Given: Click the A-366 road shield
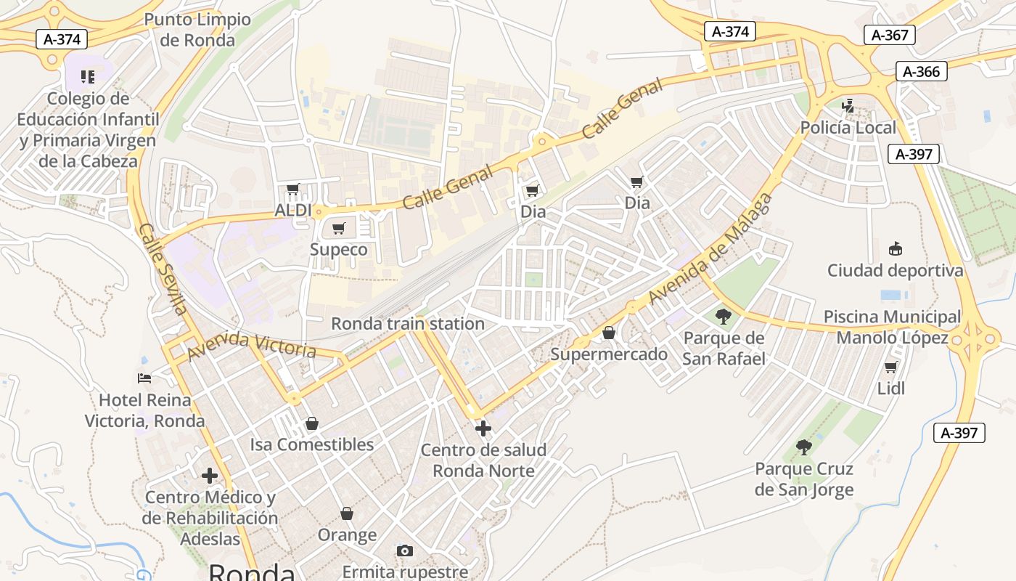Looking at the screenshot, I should [x=922, y=71].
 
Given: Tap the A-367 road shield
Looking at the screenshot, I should [x=890, y=35].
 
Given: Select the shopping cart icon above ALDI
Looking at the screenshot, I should [x=293, y=190].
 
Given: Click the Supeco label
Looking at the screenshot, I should [x=338, y=250].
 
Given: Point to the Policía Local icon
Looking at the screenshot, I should [x=848, y=105].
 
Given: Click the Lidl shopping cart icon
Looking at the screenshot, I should [x=891, y=367].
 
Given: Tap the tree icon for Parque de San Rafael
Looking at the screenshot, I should [x=723, y=316].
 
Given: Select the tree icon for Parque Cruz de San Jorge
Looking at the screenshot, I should [x=803, y=447].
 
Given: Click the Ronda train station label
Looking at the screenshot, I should [x=407, y=324].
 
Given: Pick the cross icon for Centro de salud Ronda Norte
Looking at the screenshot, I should [x=483, y=428].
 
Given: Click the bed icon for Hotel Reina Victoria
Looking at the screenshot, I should [x=144, y=378].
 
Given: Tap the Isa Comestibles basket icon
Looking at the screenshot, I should [x=312, y=423].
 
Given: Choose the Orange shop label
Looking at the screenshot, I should [x=347, y=535].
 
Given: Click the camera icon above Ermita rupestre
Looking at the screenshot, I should [x=405, y=550].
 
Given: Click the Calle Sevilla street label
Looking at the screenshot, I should [x=163, y=269].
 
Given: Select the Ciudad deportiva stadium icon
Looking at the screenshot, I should [x=896, y=249].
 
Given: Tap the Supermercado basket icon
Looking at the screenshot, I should [x=609, y=333].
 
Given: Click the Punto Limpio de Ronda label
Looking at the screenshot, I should [x=197, y=30].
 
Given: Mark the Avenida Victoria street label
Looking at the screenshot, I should [x=251, y=346].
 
